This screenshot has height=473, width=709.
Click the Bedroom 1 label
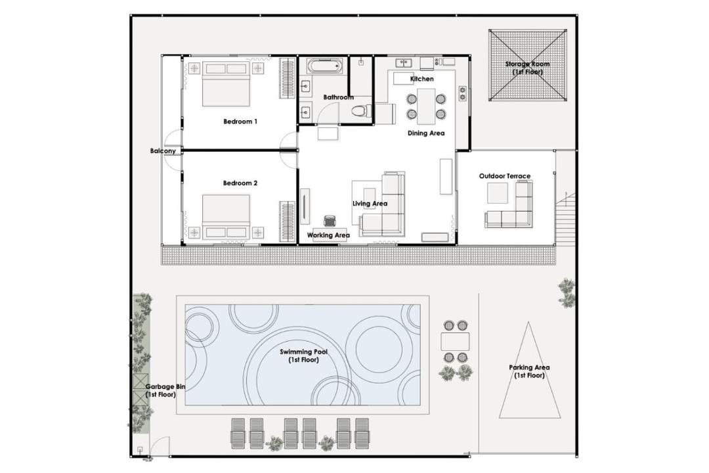pos(240,122)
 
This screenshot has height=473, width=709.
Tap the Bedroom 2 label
pos(240,183)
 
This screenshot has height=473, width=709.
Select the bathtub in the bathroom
pos(325,66)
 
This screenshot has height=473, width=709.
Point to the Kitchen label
pos(422,79)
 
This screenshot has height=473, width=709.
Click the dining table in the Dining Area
pos(426,106)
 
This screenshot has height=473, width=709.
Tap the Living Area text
pos(370,204)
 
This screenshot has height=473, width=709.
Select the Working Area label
pos(328,235)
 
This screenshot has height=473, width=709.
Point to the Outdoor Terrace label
pos(505,176)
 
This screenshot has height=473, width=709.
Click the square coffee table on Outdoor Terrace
pos(498,193)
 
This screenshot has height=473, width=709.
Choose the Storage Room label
pos(527,68)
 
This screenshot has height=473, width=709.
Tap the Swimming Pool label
pos(303,356)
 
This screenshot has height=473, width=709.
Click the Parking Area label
pos(529,371)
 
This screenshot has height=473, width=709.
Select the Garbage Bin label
pos(165,391)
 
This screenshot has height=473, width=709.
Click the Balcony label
pos(163,150)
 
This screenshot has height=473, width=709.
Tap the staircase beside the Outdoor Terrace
pos(566,218)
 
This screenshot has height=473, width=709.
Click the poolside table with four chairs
pos(455,342)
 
